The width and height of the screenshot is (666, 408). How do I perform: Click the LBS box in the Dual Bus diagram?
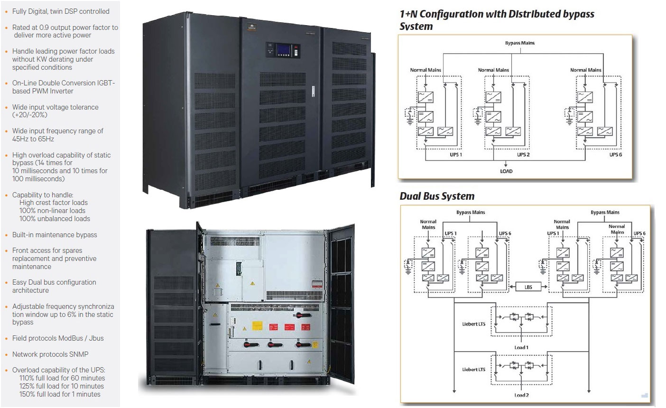click(528, 287)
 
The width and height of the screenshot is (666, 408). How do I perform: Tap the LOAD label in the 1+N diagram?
click(506, 171)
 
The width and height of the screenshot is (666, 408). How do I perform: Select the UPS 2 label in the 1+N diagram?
click(523, 155)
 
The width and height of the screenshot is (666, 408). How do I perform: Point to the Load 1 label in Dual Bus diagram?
click(521, 347)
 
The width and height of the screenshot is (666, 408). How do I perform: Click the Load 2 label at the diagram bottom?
click(521, 395)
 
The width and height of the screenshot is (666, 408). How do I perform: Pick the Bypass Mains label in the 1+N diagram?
click(519, 43)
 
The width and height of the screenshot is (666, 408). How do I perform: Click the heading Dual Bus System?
click(437, 196)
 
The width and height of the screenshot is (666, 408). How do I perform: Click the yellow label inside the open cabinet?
click(257, 326)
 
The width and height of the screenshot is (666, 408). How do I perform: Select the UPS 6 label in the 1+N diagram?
click(616, 155)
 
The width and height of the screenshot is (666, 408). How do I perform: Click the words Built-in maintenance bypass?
click(55, 235)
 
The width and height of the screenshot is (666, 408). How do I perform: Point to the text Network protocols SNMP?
click(50, 354)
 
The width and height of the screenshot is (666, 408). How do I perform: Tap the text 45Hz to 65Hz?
click(33, 139)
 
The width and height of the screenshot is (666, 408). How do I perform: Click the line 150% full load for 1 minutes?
click(60, 394)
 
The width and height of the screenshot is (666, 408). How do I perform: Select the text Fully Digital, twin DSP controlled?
click(61, 11)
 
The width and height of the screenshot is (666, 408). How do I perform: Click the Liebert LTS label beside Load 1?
click(474, 324)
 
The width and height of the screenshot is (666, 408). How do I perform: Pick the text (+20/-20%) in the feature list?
click(30, 115)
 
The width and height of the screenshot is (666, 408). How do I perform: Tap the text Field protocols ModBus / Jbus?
click(58, 338)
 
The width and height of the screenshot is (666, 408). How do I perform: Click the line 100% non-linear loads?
click(52, 211)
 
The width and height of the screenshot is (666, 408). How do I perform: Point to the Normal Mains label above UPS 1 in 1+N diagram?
click(425, 70)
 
